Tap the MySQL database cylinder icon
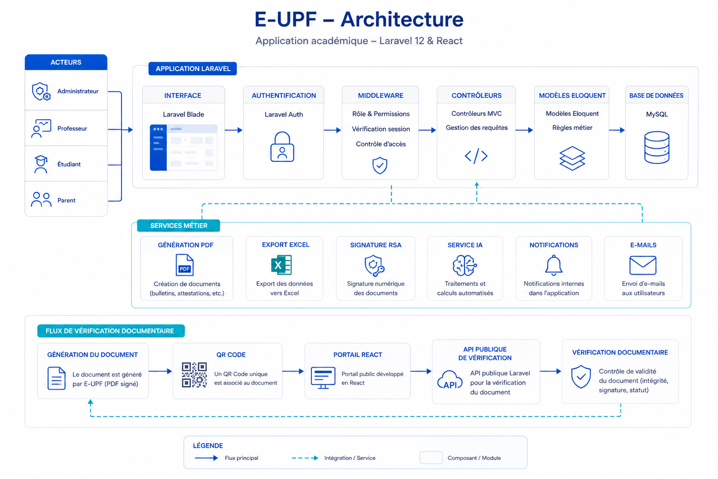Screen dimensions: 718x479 [656, 147]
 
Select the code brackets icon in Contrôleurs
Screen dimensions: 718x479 [476, 156]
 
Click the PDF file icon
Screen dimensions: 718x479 [185, 265]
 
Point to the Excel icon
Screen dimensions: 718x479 [281, 265]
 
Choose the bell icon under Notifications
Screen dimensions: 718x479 [553, 265]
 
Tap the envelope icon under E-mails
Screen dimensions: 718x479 [643, 265]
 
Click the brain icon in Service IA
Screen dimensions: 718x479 [465, 265]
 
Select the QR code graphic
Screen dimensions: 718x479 [194, 375]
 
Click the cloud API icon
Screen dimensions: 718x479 [450, 380]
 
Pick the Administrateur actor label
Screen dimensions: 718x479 [78, 91]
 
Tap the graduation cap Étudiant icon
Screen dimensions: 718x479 [41, 164]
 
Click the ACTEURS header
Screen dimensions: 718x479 [66, 62]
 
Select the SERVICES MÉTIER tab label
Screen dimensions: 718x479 [179, 225]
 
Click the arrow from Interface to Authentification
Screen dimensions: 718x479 [234, 130]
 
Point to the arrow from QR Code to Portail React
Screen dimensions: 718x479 [293, 371]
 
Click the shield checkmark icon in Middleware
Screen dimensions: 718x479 [380, 165]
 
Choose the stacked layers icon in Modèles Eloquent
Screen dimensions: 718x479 [572, 158]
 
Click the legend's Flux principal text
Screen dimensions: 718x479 [241, 458]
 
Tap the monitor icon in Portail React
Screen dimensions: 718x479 [323, 377]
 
